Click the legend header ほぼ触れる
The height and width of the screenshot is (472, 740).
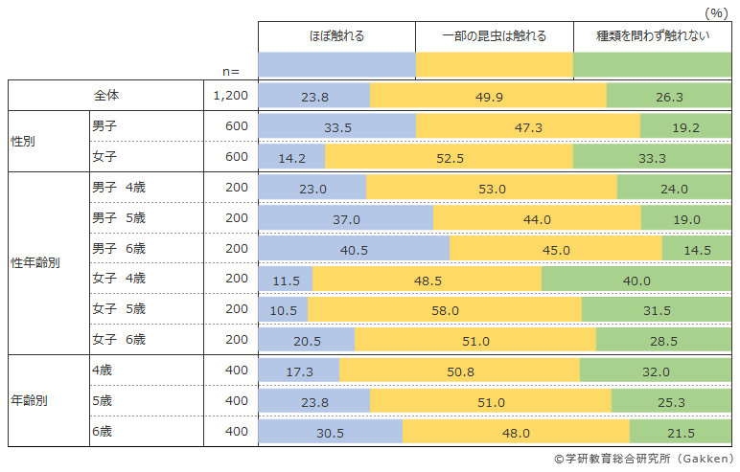click(336, 36)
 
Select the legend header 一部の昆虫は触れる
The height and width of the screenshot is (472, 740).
click(494, 36)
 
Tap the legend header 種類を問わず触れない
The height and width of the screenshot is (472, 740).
click(652, 36)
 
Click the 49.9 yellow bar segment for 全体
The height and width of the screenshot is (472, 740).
click(488, 97)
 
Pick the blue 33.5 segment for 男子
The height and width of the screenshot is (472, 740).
click(336, 127)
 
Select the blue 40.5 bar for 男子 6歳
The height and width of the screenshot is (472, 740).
click(354, 249)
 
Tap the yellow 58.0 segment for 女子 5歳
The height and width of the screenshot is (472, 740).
click(445, 310)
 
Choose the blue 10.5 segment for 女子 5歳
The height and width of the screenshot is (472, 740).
click(284, 310)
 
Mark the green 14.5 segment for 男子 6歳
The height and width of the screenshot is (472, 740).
click(696, 249)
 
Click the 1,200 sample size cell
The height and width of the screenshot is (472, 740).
click(230, 97)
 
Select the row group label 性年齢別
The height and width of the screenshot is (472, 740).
click(35, 262)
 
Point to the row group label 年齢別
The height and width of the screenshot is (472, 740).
click(30, 400)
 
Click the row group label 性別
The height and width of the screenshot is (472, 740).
click(24, 142)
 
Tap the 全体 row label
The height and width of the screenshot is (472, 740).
click(106, 96)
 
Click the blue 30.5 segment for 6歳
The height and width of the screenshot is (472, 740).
click(330, 432)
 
